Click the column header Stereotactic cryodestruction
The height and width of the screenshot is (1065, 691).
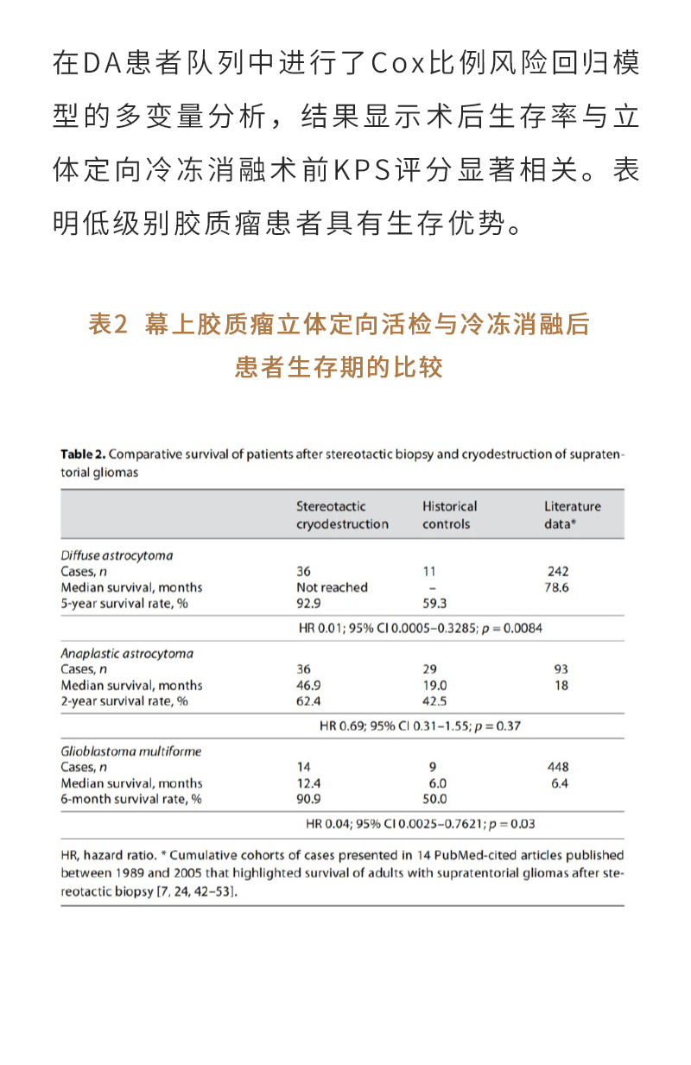tap(342, 515)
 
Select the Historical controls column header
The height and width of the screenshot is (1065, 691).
tap(449, 515)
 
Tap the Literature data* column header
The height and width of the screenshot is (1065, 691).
tap(572, 515)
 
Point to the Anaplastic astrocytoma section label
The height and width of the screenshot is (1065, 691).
tap(127, 653)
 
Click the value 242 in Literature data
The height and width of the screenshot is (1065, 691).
tap(558, 571)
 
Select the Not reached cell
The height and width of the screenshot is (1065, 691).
tap(332, 587)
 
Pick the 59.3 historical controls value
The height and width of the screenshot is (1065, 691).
tap(435, 603)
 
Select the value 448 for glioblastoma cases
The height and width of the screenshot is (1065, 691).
tap(558, 767)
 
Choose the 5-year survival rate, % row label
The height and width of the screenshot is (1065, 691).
tap(124, 603)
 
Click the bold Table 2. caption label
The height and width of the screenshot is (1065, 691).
tap(83, 454)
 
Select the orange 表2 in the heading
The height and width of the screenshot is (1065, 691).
tap(108, 325)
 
